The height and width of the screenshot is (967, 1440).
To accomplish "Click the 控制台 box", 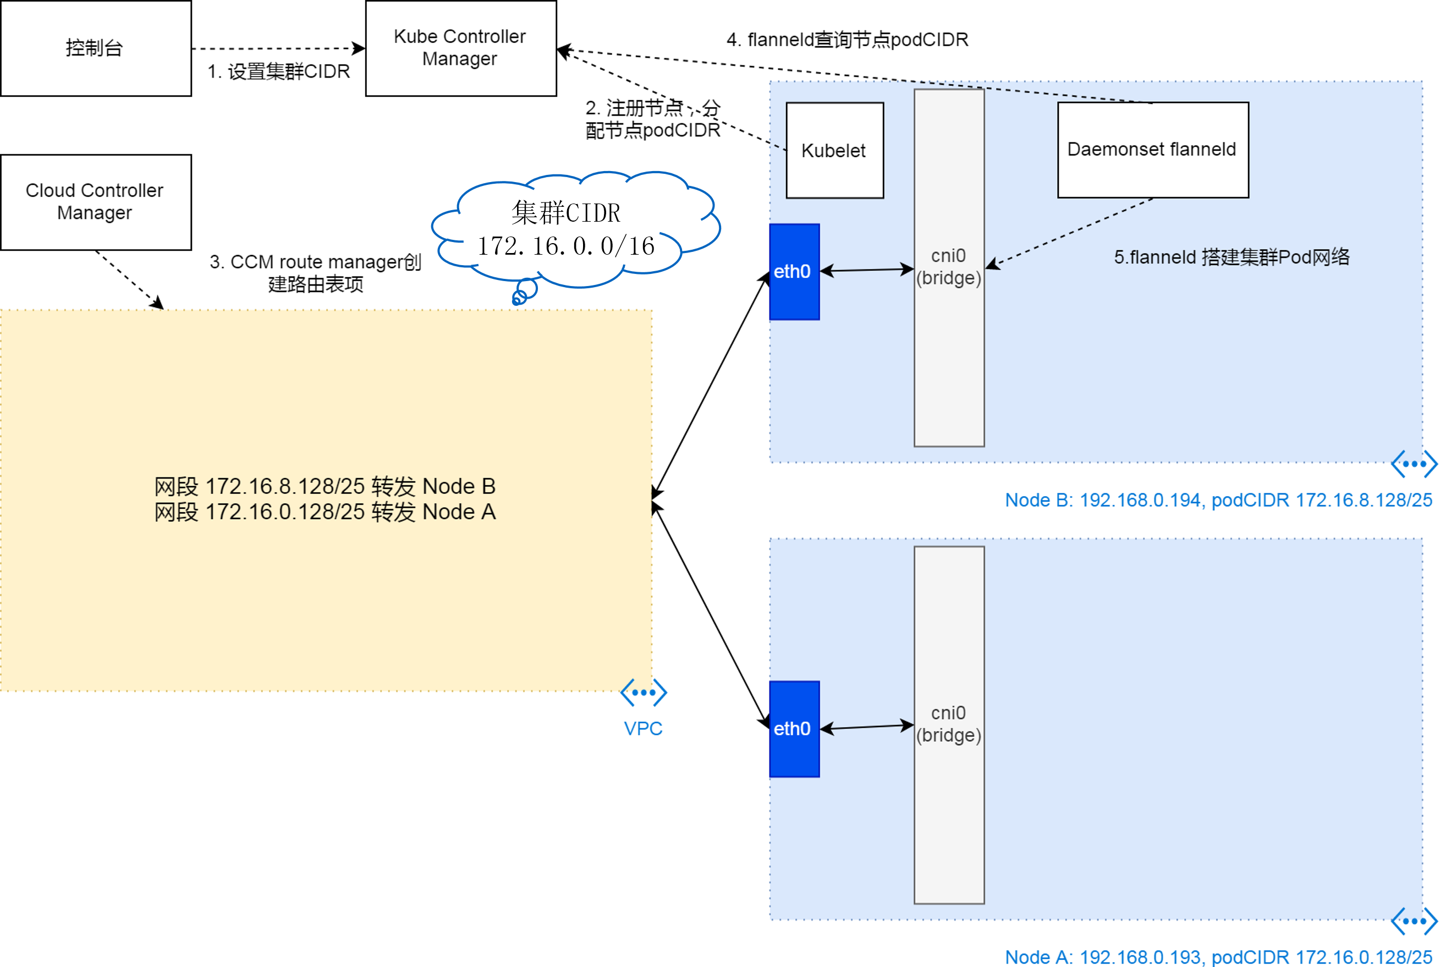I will pyautogui.click(x=96, y=48).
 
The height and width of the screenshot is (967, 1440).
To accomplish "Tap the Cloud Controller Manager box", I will pyautogui.click(x=96, y=202).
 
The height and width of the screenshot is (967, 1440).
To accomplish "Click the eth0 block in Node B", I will pyautogui.click(x=794, y=271).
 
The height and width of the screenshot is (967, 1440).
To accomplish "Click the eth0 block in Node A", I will pyautogui.click(x=794, y=728).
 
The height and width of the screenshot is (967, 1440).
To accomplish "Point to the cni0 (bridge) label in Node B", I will pyautogui.click(x=948, y=267).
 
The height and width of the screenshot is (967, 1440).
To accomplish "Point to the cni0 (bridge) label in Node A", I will pyautogui.click(x=948, y=724).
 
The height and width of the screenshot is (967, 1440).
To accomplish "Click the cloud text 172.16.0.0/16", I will pyautogui.click(x=565, y=246).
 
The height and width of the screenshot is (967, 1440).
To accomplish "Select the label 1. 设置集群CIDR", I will pyautogui.click(x=278, y=72).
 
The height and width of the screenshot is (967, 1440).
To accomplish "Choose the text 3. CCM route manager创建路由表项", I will pyautogui.click(x=315, y=273).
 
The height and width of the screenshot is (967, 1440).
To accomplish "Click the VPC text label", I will pyautogui.click(x=642, y=728).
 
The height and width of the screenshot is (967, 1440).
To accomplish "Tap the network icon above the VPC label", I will pyautogui.click(x=643, y=693).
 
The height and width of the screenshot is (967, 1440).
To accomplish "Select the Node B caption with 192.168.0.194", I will pyautogui.click(x=1218, y=499).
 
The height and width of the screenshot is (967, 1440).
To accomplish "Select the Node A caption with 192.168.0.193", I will pyautogui.click(x=1218, y=957).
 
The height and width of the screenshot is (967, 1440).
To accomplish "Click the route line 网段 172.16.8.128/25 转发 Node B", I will pyautogui.click(x=325, y=487).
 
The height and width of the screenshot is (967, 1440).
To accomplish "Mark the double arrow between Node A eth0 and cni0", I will pyautogui.click(x=866, y=727).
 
